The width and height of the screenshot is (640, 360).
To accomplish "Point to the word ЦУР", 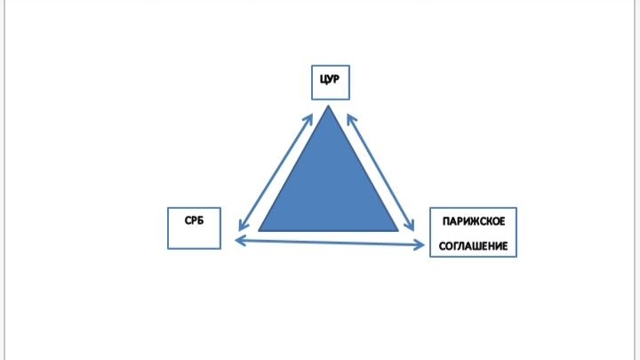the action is coord(330,79).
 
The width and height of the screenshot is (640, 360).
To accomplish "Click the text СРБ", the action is coord(195,220).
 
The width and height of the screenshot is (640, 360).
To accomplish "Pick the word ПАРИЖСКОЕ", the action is coord(474,221).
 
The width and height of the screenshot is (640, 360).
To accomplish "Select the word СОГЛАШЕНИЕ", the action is coord(474,246).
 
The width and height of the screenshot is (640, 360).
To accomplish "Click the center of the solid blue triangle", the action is coord(329,190).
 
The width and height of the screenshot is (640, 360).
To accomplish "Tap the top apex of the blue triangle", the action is coord(328,106).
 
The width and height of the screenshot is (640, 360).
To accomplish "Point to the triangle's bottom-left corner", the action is coord(259,231).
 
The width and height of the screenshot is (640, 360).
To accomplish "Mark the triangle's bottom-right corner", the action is coord(398,231).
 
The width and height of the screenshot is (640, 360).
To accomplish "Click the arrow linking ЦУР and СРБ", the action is coord(276,172).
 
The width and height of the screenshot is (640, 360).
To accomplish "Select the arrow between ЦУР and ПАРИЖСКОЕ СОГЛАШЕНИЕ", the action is coord(380,172).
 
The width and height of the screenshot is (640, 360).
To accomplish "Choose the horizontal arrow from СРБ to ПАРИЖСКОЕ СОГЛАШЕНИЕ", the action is coord(330,243).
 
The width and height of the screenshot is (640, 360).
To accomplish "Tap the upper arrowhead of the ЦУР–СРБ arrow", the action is coord(308,119).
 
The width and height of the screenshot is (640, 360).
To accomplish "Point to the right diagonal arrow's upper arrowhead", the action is coord(351,119).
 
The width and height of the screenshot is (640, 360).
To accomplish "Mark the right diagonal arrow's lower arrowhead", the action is coord(411,225).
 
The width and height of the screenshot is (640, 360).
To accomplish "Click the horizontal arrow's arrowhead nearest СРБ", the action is coord(240,240).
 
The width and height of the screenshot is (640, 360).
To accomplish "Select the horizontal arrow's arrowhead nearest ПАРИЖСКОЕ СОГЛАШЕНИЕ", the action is coord(420,245).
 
